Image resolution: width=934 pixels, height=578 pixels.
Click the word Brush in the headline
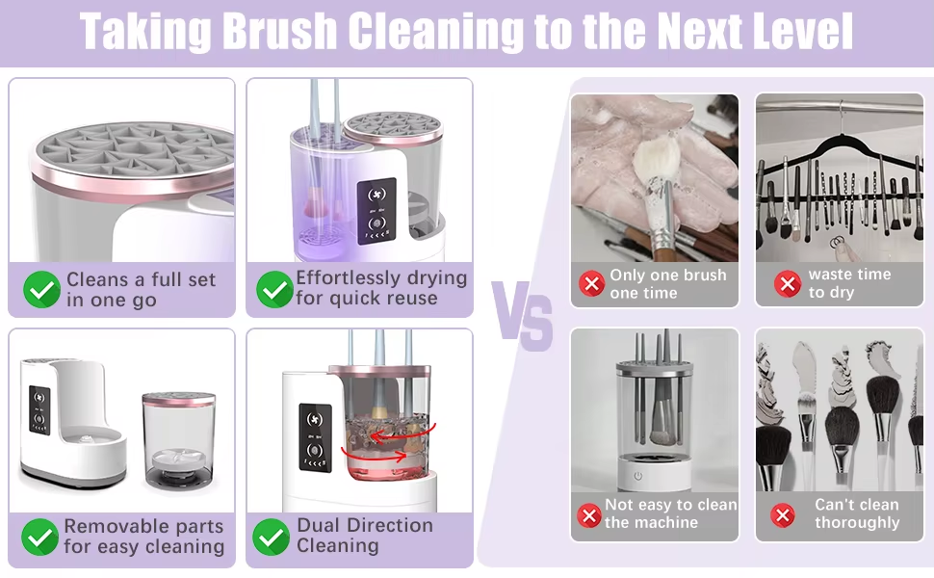279,31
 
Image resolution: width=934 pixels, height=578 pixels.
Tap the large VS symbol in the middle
522,316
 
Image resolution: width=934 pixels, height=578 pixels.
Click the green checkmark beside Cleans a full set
41,290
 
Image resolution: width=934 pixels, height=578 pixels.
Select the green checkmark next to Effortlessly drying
274,290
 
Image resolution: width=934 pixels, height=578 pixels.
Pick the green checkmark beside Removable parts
39,537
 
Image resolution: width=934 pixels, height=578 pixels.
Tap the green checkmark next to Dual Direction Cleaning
271,537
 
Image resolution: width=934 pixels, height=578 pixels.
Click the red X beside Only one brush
592,283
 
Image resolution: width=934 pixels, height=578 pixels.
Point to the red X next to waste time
788,283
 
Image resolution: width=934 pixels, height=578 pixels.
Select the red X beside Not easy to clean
589,515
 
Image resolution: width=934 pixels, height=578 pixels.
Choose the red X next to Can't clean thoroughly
783,515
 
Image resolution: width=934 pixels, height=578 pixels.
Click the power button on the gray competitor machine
638,476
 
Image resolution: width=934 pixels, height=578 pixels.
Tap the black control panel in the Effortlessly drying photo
376,211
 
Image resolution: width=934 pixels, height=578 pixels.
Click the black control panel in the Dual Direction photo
315,437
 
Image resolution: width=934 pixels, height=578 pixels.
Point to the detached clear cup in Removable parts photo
179,441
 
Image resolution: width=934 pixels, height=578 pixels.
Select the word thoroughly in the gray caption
857,523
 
